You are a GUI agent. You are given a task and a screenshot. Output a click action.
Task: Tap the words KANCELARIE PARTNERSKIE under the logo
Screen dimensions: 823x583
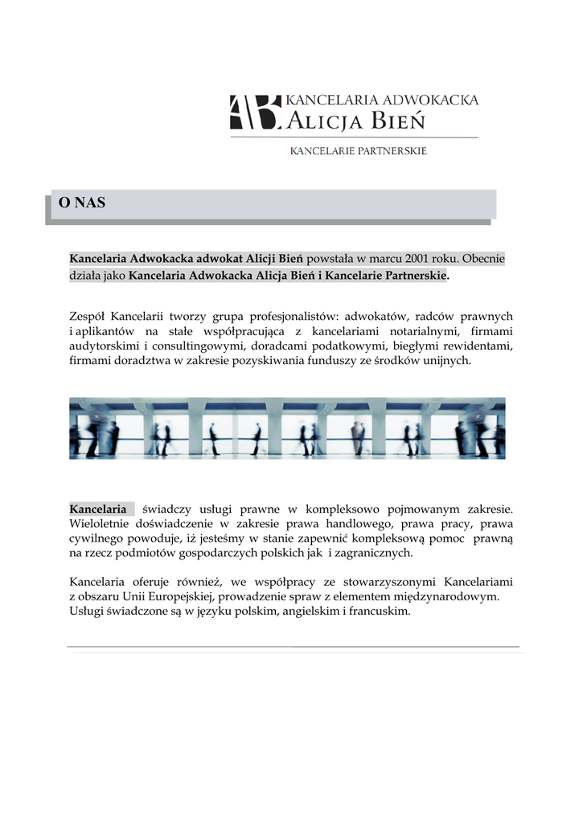tap(358, 150)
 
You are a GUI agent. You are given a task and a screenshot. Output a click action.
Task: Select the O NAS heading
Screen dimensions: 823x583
tap(82, 203)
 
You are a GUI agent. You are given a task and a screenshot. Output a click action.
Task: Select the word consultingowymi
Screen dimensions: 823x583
tap(198, 346)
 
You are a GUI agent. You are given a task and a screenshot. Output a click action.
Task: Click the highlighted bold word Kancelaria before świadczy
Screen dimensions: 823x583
tap(98, 509)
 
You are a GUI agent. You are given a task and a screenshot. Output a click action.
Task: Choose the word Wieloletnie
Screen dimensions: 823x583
tap(101, 523)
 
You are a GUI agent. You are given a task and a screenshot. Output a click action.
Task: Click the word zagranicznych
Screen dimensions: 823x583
tap(372, 553)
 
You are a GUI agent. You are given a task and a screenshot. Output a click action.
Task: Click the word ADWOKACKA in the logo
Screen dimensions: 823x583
tap(430, 100)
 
